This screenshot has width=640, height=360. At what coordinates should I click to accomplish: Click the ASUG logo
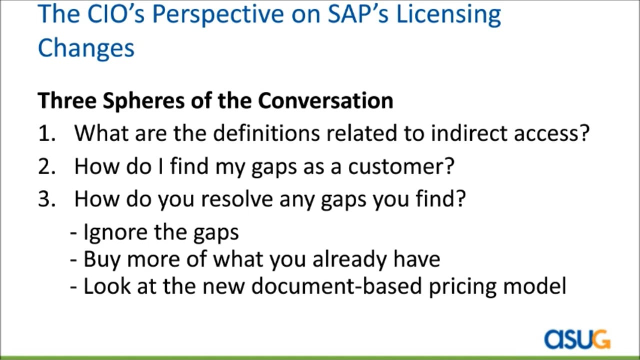click(x=577, y=339)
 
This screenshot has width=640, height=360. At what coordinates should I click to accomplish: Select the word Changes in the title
click(x=86, y=48)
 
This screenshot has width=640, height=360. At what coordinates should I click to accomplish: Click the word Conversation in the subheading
click(x=325, y=100)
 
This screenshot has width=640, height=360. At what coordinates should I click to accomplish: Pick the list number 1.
click(x=46, y=133)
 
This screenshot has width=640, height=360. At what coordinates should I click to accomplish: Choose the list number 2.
click(x=46, y=166)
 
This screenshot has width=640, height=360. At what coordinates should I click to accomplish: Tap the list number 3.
click(x=46, y=199)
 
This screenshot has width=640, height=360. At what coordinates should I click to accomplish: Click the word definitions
click(x=266, y=133)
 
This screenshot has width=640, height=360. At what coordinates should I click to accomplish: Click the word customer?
click(x=401, y=166)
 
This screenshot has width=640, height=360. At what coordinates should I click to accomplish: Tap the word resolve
click(x=237, y=198)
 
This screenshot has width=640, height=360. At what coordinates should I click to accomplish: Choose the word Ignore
click(x=115, y=233)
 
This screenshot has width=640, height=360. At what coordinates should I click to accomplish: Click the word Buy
click(x=101, y=260)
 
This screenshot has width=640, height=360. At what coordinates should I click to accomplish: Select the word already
click(x=349, y=259)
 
